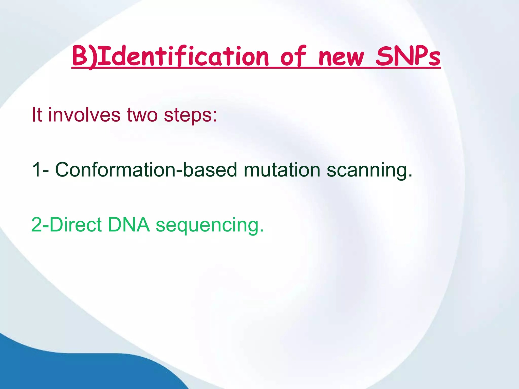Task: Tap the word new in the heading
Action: pos(341,58)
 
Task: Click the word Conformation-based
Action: pos(146,170)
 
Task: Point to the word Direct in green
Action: pos(76,225)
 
